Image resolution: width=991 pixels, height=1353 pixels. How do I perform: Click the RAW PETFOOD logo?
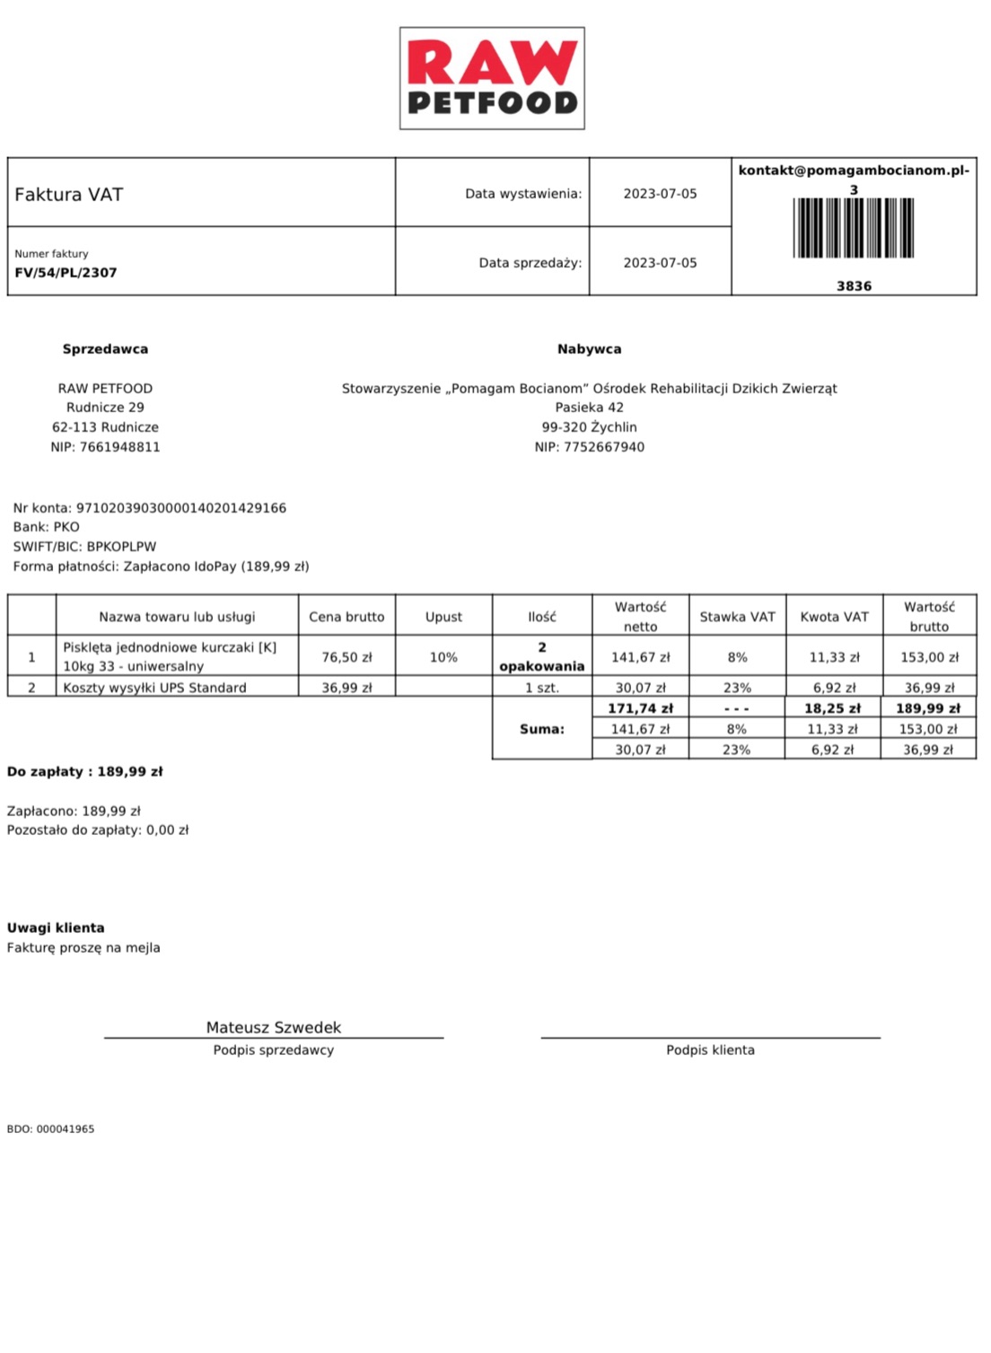pyautogui.click(x=492, y=78)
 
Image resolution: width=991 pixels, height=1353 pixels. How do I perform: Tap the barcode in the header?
pyautogui.click(x=854, y=227)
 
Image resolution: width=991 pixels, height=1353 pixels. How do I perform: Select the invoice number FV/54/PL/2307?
pyautogui.click(x=66, y=273)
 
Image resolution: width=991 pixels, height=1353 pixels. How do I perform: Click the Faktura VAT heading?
pyautogui.click(x=69, y=195)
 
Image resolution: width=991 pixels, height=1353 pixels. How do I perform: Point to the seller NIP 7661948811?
pyautogui.click(x=105, y=447)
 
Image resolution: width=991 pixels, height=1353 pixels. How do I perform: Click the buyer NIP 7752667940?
pyautogui.click(x=589, y=447)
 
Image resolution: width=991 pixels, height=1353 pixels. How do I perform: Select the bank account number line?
pyautogui.click(x=150, y=508)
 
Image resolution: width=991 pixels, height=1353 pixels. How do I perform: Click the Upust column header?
pyautogui.click(x=443, y=617)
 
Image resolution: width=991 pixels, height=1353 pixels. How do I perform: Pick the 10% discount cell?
pyautogui.click(x=443, y=657)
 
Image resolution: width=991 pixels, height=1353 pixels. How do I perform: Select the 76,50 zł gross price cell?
pyautogui.click(x=346, y=657)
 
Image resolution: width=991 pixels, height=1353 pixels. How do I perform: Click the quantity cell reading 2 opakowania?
pyautogui.click(x=541, y=656)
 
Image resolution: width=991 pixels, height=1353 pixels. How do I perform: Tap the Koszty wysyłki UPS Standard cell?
pyautogui.click(x=154, y=688)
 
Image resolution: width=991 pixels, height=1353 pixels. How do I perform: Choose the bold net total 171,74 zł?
pyautogui.click(x=640, y=708)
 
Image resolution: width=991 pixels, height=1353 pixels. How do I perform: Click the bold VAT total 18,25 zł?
pyautogui.click(x=832, y=708)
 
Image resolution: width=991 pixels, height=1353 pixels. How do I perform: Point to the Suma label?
pyautogui.click(x=542, y=729)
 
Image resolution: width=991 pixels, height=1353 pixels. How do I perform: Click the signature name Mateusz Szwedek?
pyautogui.click(x=274, y=1027)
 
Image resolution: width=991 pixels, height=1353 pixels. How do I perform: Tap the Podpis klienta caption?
pyautogui.click(x=710, y=1050)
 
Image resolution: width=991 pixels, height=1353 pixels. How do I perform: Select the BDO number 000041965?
pyautogui.click(x=50, y=1129)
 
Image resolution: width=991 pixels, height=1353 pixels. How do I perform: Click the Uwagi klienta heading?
pyautogui.click(x=56, y=928)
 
